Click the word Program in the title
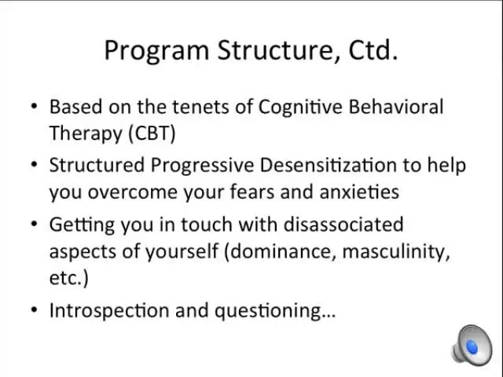(157, 51)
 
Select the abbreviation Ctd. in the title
(373, 49)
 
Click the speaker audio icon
(472, 345)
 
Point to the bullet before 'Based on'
(35, 106)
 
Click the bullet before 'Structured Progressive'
(35, 164)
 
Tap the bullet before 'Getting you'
(35, 223)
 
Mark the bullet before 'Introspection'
(35, 309)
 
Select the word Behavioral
(396, 107)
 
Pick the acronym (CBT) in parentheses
(152, 133)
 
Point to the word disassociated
(343, 224)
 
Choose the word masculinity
(396, 251)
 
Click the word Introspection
(109, 311)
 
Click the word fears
(252, 192)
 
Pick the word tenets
(200, 108)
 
